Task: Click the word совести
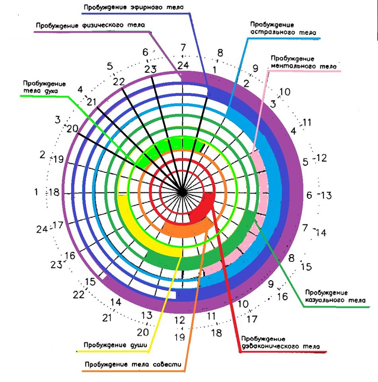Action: coord(168,364)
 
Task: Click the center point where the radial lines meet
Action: coord(182,193)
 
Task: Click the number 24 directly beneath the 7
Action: coord(183,65)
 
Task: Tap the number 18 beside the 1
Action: coord(54,192)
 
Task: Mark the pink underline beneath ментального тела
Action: coord(304,71)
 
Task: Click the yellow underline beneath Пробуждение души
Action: coord(112,351)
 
